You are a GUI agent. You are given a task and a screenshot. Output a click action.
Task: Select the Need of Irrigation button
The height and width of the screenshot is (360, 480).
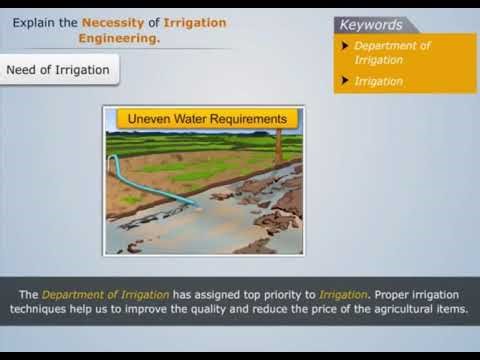click(57, 70)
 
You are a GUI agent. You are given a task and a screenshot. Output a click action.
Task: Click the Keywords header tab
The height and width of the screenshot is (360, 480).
click(372, 25)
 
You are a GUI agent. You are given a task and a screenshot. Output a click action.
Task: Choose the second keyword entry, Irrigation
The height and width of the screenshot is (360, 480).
click(378, 81)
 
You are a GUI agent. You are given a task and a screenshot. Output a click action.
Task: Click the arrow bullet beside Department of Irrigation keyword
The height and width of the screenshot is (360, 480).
click(345, 47)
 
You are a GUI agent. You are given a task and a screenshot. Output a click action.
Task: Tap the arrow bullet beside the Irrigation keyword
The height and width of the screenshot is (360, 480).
click(345, 81)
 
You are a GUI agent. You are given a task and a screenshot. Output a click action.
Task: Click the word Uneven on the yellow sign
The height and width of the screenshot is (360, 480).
click(148, 119)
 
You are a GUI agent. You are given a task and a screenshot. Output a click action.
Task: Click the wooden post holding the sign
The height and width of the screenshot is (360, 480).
click(279, 145)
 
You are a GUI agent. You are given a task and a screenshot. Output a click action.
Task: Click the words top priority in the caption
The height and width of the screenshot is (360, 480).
click(285, 294)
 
